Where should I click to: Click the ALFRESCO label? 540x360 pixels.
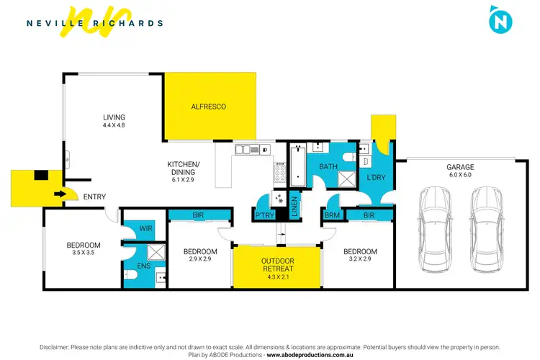pos(208,107)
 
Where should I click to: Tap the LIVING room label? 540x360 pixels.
pos(114,117)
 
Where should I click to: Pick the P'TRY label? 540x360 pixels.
pos(261,215)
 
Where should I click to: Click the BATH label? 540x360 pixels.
pos(328,167)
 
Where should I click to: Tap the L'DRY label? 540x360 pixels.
pos(375,177)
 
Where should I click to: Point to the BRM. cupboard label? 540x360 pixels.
pos(333,215)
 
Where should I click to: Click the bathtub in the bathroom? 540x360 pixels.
pos(297,163)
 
